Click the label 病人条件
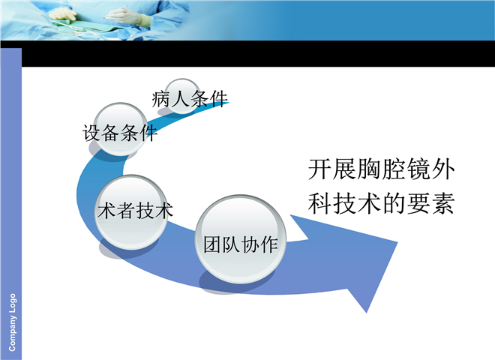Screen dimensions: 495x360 pyautogui.click(x=190, y=99)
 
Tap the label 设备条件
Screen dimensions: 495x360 pyautogui.click(x=120, y=133)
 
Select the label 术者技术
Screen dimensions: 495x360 pyautogui.click(x=135, y=210)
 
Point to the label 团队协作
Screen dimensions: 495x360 pyautogui.click(x=241, y=244)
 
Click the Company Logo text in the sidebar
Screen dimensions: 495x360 pyautogui.click(x=12, y=322)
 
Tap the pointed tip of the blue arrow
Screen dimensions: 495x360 pyautogui.click(x=397, y=242)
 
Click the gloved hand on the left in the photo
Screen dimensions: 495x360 pyautogui.click(x=63, y=14)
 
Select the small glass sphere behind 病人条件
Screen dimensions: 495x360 pyautogui.click(x=182, y=96)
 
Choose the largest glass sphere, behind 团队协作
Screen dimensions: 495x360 pyautogui.click(x=241, y=239)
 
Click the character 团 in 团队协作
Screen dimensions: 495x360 pyautogui.click(x=212, y=244)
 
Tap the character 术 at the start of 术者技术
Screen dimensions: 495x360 pyautogui.click(x=106, y=210)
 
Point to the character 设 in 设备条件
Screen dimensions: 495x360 pyautogui.click(x=91, y=133)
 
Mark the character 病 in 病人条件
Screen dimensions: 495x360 pyautogui.click(x=161, y=99)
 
